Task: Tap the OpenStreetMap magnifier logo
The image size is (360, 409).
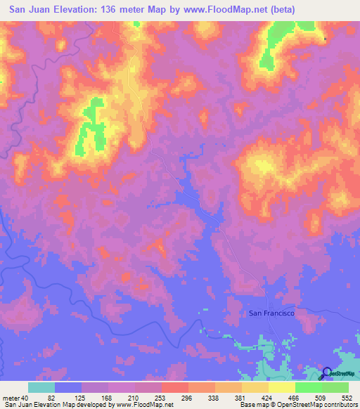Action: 328,374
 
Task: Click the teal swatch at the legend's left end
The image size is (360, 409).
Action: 41,387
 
